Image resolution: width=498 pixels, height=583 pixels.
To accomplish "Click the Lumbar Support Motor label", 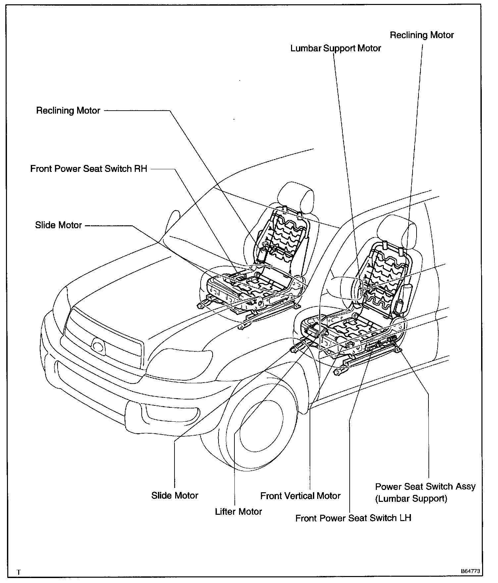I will (x=335, y=48).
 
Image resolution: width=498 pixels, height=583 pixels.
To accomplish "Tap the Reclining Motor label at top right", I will (x=422, y=35).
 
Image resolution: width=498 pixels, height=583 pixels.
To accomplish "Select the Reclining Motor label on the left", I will (x=68, y=110).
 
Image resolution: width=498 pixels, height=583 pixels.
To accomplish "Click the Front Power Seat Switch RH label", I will (x=88, y=169).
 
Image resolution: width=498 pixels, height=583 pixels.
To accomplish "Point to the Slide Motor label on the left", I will (x=58, y=225).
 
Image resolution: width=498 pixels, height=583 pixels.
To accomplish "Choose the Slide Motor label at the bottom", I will (x=174, y=496).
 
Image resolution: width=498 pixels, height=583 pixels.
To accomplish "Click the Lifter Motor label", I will (x=238, y=511).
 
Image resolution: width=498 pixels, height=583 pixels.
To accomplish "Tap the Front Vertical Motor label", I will (x=300, y=496).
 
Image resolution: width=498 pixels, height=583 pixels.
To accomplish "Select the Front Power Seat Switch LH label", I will (x=353, y=518).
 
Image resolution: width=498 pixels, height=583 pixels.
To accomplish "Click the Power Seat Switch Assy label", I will (x=425, y=487).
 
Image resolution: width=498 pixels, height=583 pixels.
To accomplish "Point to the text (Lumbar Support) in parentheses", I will (x=411, y=499).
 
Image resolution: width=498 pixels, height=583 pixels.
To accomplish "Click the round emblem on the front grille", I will (x=98, y=346).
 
